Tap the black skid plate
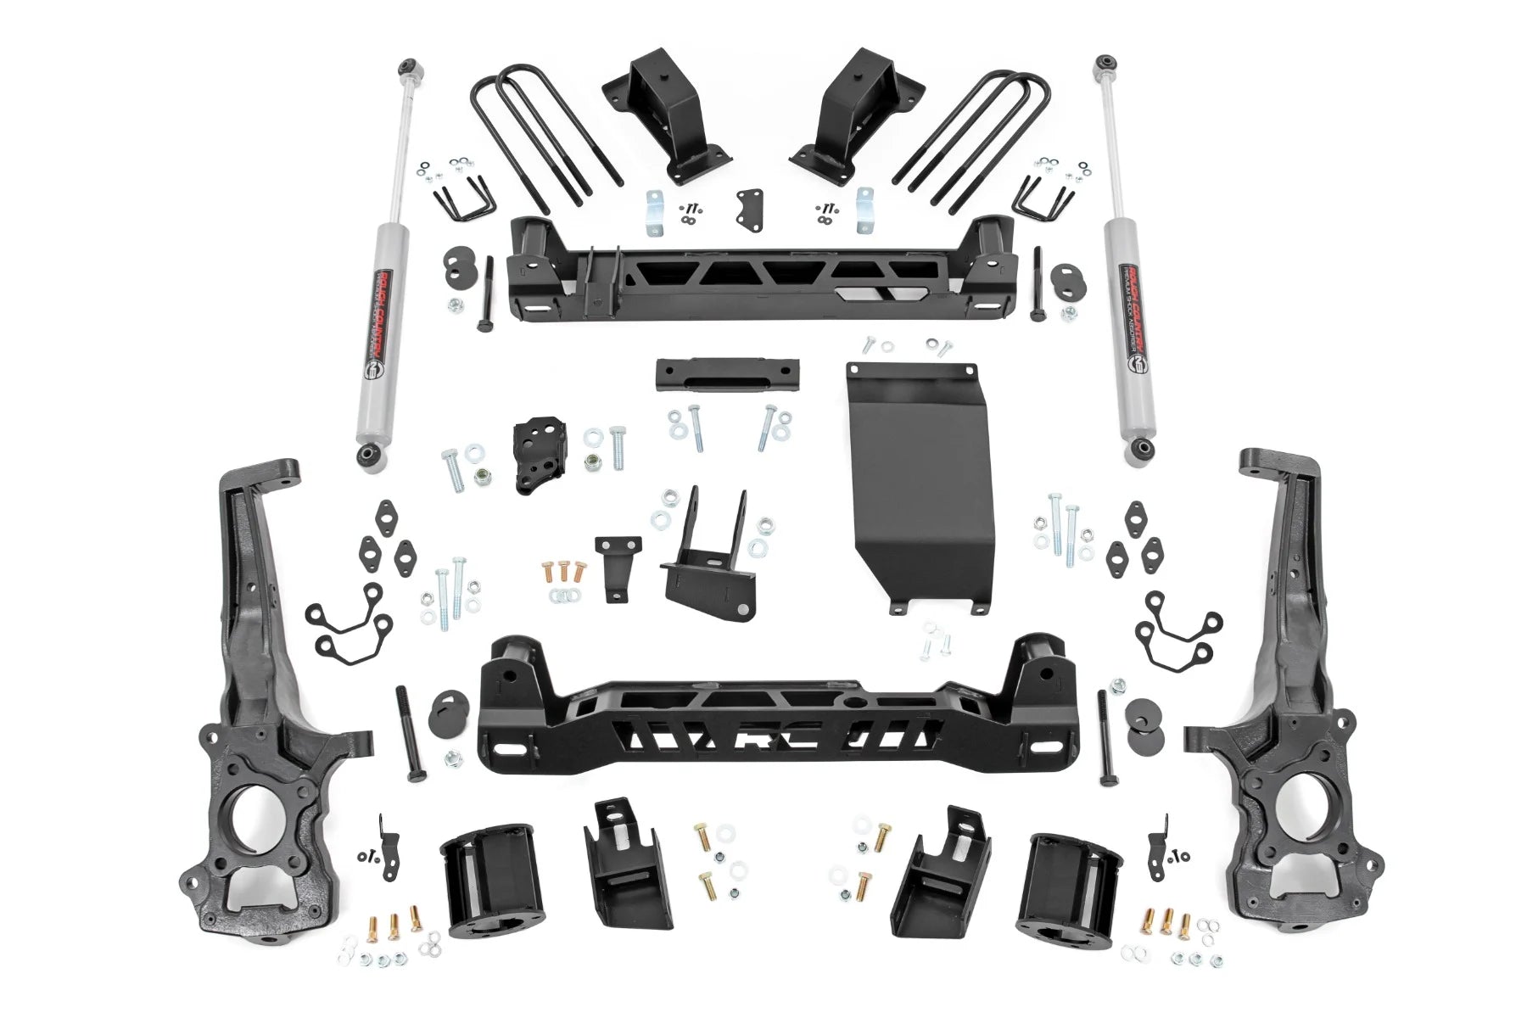pyautogui.click(x=920, y=484)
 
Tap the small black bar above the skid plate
pyautogui.click(x=727, y=374)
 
